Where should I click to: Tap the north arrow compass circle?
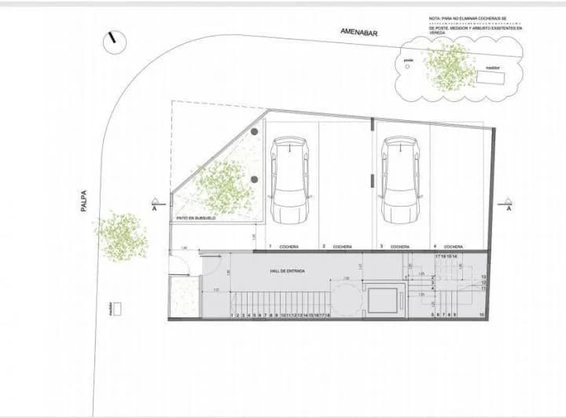(x=115, y=40)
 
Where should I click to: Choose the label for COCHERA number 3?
(x=398, y=247)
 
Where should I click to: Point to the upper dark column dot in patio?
(x=255, y=132)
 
